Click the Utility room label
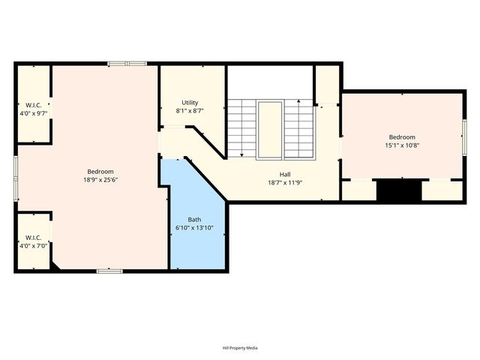(190, 103)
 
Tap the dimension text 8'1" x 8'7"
(190, 110)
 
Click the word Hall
(285, 174)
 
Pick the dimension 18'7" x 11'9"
(285, 182)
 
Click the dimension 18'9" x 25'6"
(100, 179)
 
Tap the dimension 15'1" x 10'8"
(402, 145)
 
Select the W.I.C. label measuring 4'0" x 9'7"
(33, 104)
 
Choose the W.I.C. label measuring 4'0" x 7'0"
(33, 238)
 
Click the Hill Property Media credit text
(240, 348)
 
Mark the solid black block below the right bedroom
(398, 190)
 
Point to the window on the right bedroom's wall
(464, 136)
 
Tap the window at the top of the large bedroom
(127, 64)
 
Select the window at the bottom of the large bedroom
(109, 270)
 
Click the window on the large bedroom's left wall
(16, 178)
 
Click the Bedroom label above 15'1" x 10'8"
(402, 137)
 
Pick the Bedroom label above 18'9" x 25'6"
(100, 171)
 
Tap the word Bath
(194, 219)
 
